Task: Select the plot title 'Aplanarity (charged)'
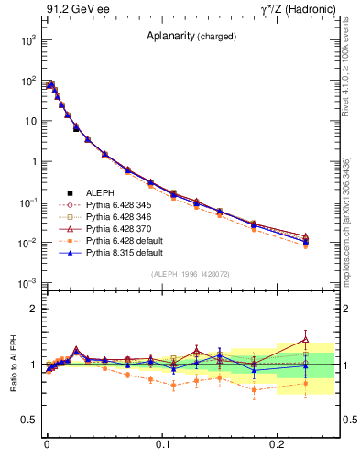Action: [191, 37]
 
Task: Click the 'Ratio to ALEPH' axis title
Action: [13, 365]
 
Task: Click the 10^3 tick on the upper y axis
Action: [27, 40]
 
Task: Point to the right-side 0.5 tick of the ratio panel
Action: [348, 420]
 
